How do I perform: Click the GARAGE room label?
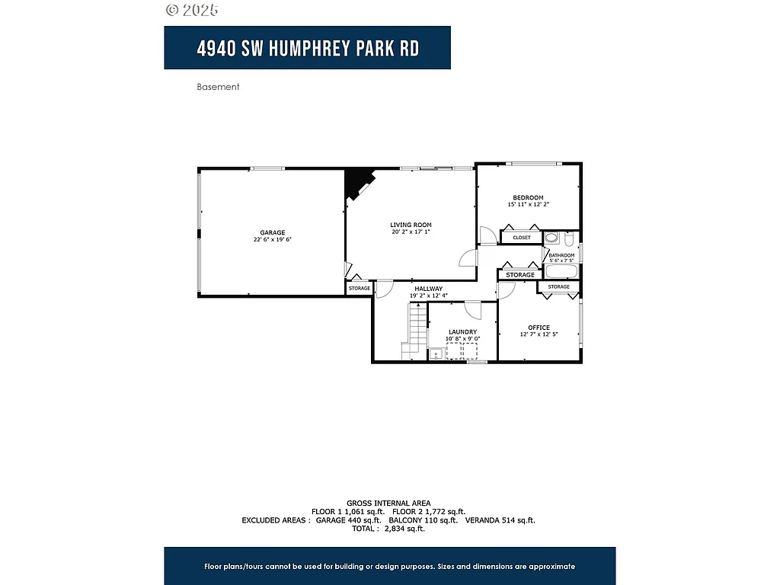pyautogui.click(x=272, y=232)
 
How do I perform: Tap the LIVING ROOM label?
pyautogui.click(x=411, y=225)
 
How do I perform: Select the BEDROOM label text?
pyautogui.click(x=528, y=197)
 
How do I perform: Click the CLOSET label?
pyautogui.click(x=521, y=238)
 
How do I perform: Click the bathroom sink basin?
pyautogui.click(x=551, y=238)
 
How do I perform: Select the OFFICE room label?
pyautogui.click(x=539, y=328)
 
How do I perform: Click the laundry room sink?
pyautogui.click(x=436, y=353)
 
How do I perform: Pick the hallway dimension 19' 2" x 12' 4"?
pyautogui.click(x=428, y=296)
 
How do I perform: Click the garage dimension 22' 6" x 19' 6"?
pyautogui.click(x=272, y=239)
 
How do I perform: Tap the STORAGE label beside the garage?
pyautogui.click(x=359, y=289)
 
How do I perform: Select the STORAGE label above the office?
pyautogui.click(x=558, y=287)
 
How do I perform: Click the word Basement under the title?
pyautogui.click(x=218, y=87)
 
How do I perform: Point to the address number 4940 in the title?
pyautogui.click(x=215, y=48)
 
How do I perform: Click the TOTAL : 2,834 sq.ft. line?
pyautogui.click(x=388, y=528)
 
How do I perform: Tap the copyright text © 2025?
pyautogui.click(x=192, y=10)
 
